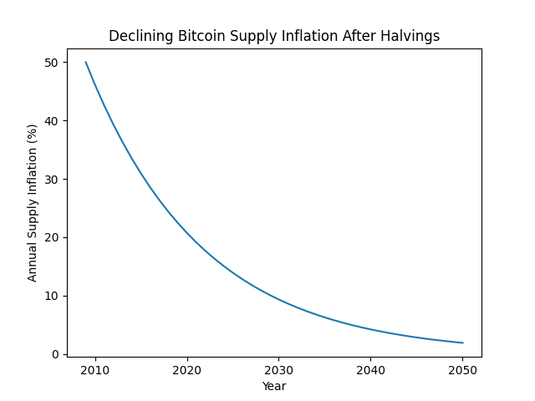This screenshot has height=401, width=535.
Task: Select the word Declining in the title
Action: [141, 36]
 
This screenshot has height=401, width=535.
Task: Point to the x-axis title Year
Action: [274, 386]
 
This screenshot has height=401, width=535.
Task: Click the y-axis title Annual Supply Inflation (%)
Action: [33, 202]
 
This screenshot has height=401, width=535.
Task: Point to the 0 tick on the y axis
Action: [55, 354]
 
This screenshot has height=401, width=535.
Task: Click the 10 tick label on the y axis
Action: [52, 296]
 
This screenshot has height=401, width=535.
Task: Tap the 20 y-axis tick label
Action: [52, 237]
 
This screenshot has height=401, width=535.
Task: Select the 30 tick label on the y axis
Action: [52, 179]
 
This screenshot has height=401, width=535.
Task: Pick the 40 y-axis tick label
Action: [52, 120]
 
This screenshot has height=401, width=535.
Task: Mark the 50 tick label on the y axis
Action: [52, 63]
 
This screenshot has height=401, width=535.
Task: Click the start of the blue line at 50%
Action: [86, 63]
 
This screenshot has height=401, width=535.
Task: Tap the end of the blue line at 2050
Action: [462, 343]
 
